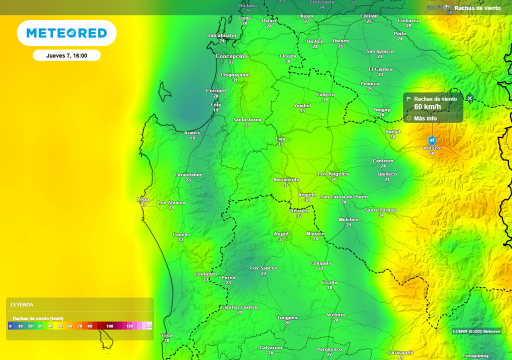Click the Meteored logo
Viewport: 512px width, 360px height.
tap(66, 33)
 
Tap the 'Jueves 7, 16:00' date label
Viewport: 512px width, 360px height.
tap(66, 55)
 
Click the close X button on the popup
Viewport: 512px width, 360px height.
tap(469, 98)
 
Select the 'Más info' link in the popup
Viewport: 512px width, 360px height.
tap(425, 118)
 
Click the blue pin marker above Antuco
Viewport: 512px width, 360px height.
tap(432, 140)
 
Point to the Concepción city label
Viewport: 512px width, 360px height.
tap(231, 56)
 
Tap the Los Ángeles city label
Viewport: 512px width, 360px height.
tap(333, 173)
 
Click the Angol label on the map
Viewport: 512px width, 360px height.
tap(281, 234)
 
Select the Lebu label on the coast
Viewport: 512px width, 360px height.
tap(143, 199)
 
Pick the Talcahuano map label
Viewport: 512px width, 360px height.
tap(222, 35)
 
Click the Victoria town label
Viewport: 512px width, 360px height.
tap(335, 315)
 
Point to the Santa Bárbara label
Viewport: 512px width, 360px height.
tap(381, 210)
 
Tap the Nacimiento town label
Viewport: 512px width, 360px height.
tap(286, 179)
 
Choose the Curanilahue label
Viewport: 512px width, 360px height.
tap(188, 175)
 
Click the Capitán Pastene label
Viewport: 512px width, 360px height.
tap(240, 307)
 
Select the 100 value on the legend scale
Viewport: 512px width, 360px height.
tap(109, 326)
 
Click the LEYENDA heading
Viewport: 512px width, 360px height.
tap(22, 304)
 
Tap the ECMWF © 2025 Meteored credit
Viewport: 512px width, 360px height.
tap(476, 331)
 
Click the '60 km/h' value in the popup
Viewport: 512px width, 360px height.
tap(427, 107)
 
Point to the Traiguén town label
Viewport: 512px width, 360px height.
tap(287, 317)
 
